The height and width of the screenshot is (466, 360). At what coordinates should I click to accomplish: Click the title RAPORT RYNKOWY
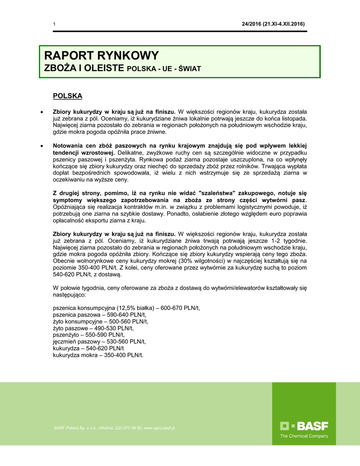(101, 56)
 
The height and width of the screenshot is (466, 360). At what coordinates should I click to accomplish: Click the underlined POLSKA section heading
(68, 96)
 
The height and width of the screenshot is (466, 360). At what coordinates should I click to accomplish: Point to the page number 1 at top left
(54, 24)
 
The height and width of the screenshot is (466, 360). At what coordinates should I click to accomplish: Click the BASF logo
(304, 426)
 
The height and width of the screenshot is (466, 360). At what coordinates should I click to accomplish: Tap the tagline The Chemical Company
(304, 436)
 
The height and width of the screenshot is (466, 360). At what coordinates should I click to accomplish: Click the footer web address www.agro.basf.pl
(159, 428)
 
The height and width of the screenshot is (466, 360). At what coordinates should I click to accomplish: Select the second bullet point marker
(42, 146)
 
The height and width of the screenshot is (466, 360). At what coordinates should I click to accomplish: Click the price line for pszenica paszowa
(99, 314)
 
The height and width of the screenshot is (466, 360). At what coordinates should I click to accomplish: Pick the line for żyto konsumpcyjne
(101, 321)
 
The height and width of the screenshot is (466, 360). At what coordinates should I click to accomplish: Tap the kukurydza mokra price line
(98, 355)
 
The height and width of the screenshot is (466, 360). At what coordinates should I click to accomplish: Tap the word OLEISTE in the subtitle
(101, 68)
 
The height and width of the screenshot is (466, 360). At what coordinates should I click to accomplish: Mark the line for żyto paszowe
(93, 328)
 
